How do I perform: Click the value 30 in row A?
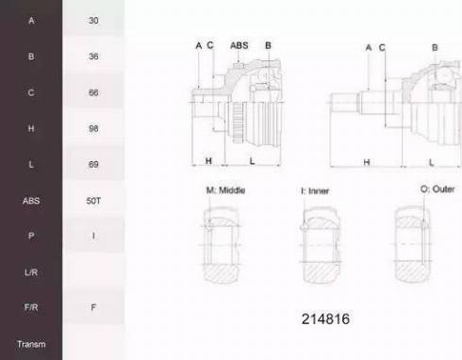coord(93,21)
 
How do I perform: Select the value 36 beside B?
coord(93,57)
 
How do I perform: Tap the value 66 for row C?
coord(93,92)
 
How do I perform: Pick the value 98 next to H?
coord(93,128)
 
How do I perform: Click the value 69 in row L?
coord(93,164)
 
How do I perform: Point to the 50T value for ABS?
coord(93,201)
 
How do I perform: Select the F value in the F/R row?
coord(93,307)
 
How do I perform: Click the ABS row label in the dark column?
coord(31,201)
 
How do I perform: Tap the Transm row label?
coord(31,344)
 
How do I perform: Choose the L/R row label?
coord(31,272)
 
